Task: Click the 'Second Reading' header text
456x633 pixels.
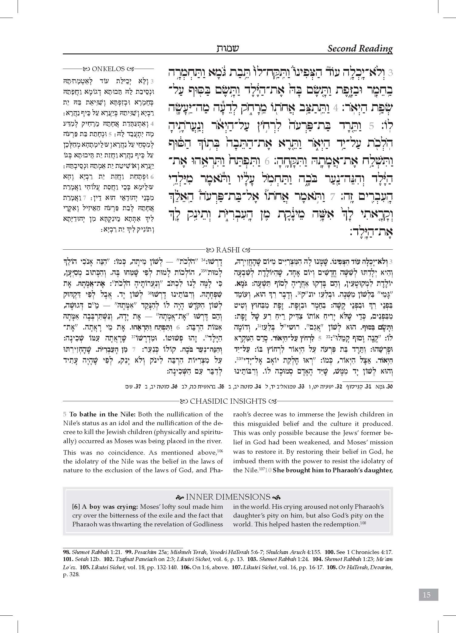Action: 360,49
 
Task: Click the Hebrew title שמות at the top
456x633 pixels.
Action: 228,48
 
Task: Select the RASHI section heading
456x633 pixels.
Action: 228,250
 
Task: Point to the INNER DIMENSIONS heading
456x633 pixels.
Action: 228,497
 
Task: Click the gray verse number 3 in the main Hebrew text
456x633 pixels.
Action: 391,73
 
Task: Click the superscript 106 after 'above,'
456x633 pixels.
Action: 220,451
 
